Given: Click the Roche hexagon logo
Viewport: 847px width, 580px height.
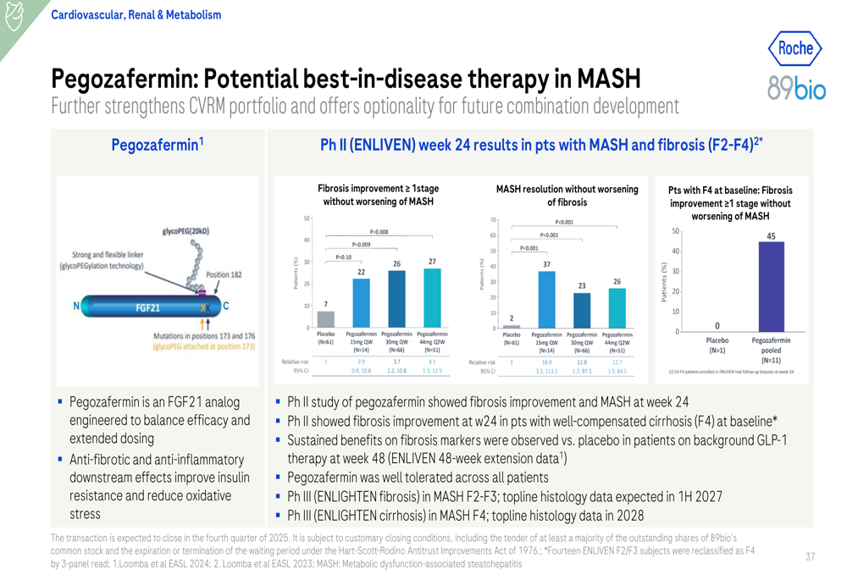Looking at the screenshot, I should pos(795,48).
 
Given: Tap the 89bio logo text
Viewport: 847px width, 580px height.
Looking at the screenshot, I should pos(795,87).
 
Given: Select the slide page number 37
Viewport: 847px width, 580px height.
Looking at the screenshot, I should pos(810,556).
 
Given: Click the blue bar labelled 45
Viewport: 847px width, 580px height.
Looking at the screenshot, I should pos(771,286).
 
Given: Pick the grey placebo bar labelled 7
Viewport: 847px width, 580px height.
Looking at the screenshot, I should pos(325,318).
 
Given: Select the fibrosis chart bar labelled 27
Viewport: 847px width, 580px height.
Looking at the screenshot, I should pos(432,298).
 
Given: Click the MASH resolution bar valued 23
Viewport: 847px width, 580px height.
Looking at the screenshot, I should pos(582,310).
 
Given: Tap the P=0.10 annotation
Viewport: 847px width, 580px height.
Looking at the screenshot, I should pos(343,257).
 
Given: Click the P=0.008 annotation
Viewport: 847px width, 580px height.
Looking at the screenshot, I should pos(379,232).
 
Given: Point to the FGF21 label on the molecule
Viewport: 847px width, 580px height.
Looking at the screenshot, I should pos(148,307).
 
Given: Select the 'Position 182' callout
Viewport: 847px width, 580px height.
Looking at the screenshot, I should pos(224,274).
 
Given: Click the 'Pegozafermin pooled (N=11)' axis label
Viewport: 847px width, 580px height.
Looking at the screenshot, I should pos(771,350).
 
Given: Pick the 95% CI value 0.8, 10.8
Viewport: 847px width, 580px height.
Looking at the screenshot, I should pos(361,371).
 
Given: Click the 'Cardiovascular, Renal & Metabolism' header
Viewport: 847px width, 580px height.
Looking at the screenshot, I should pos(136,14).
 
